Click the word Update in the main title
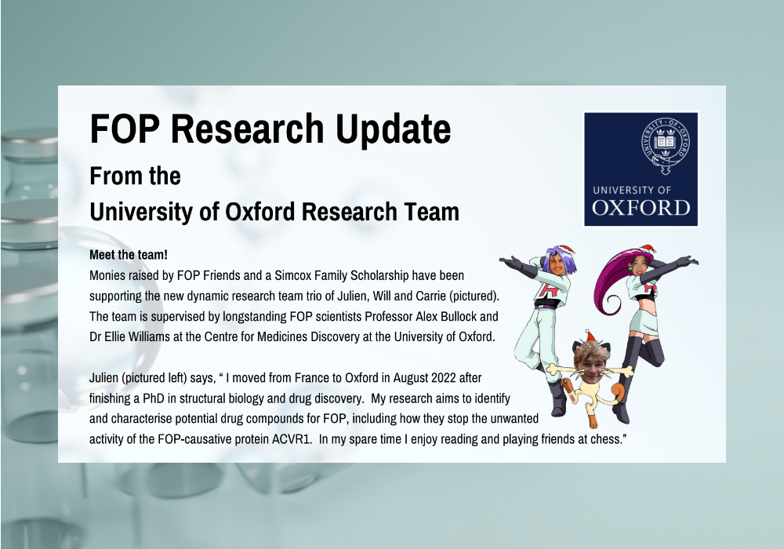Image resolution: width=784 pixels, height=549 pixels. coord(393,129)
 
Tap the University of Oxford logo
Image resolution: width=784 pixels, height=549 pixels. coord(641,169)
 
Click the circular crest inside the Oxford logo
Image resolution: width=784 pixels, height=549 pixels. coord(666,145)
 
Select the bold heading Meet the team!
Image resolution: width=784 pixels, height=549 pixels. coord(129,254)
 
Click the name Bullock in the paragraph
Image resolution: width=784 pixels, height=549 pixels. coord(459,317)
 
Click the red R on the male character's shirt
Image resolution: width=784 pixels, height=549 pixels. coord(545,290)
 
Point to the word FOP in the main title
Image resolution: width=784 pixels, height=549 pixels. coord(125,129)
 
